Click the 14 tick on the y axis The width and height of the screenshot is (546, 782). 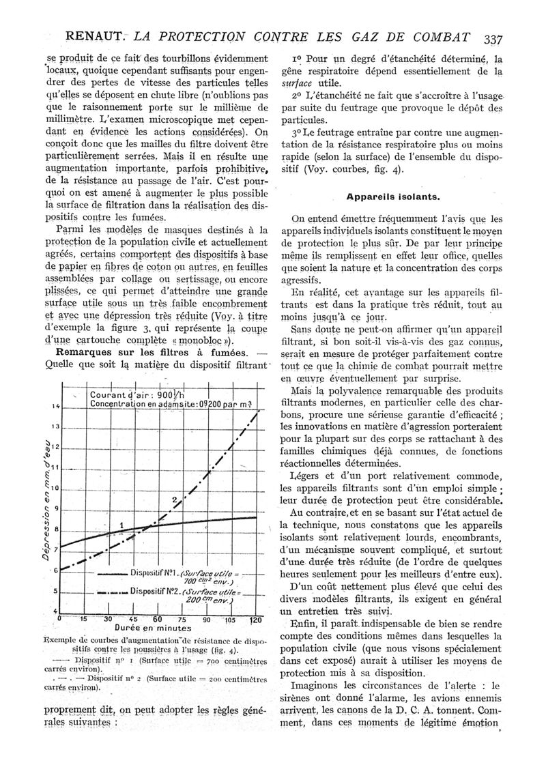pyautogui.click(x=55, y=406)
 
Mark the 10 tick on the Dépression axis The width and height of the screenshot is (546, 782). pyautogui.click(x=55, y=489)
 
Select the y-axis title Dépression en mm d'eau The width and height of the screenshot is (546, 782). pyautogui.click(x=45, y=497)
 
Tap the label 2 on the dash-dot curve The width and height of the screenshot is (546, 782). pyautogui.click(x=174, y=500)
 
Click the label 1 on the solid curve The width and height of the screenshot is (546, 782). pyautogui.click(x=121, y=524)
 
